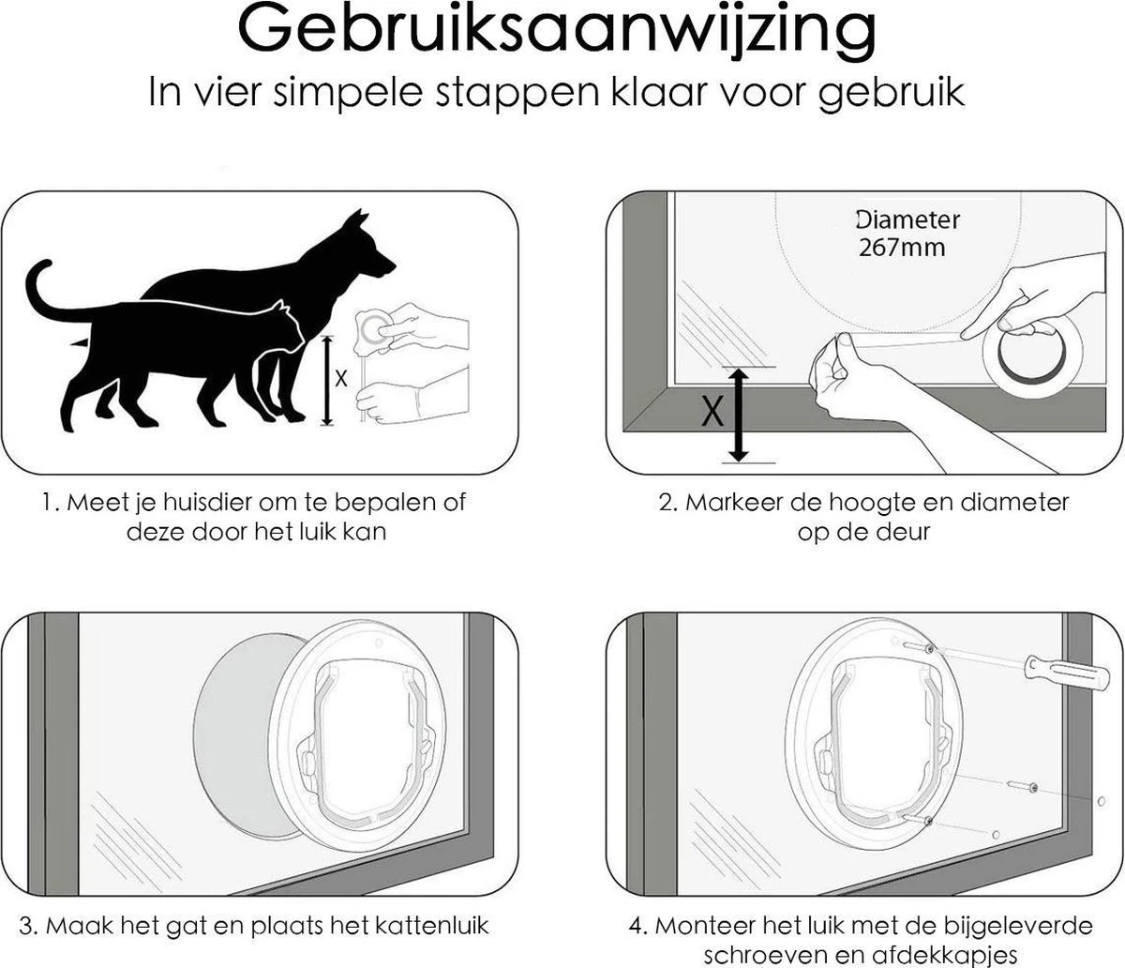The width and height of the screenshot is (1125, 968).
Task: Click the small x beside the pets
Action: [x=341, y=378]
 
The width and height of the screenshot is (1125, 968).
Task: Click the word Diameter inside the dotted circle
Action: [x=907, y=221]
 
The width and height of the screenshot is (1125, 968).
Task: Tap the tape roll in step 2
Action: [x=1032, y=352]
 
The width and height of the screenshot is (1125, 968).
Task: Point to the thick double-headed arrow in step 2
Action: [x=739, y=415]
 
